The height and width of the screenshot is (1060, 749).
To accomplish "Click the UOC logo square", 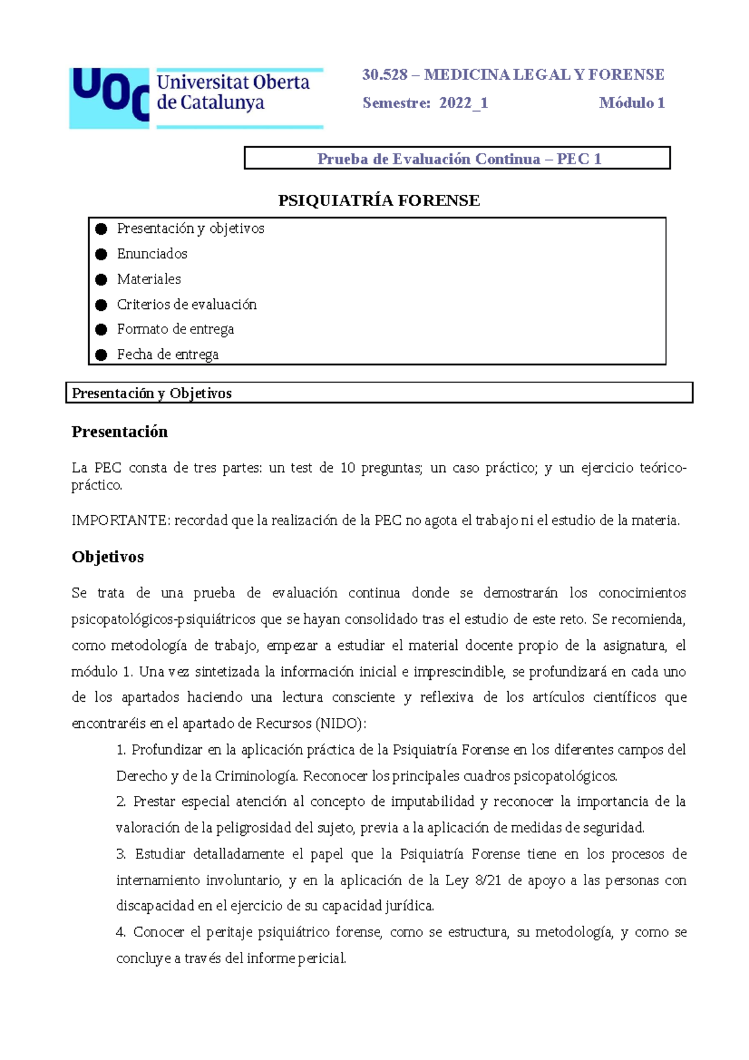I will point(109,99).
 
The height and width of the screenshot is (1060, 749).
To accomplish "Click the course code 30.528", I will point(384,75).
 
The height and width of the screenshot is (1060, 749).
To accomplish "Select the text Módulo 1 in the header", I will point(632,103).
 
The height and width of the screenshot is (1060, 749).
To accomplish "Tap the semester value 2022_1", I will point(463,103).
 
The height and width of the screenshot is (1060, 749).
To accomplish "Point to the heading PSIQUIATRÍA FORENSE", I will point(379,200).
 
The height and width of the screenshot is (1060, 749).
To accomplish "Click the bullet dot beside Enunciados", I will point(101,254).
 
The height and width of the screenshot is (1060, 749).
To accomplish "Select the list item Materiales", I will point(149,279).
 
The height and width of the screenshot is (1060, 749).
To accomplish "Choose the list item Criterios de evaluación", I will point(187,305).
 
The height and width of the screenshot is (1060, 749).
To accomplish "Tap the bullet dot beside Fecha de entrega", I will point(101,355).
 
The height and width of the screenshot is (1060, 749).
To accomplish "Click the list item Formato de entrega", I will point(175,330).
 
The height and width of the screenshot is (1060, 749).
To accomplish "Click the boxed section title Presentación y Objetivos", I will point(152,393).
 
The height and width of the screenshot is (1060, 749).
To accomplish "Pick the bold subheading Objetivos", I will point(107,557).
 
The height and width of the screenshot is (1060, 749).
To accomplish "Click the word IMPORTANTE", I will point(120,521).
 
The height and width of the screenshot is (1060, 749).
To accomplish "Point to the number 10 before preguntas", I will point(348,468).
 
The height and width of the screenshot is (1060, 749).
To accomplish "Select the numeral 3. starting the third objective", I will point(121,854).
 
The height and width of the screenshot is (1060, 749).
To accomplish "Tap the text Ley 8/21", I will point(473,880).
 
